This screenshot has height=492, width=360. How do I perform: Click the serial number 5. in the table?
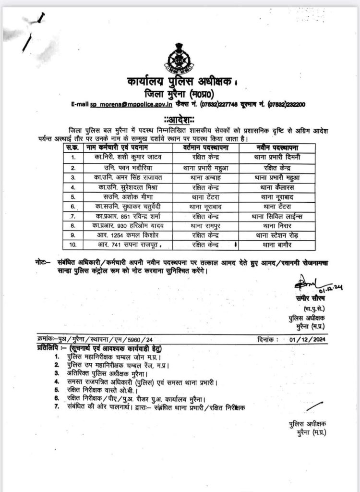73,197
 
